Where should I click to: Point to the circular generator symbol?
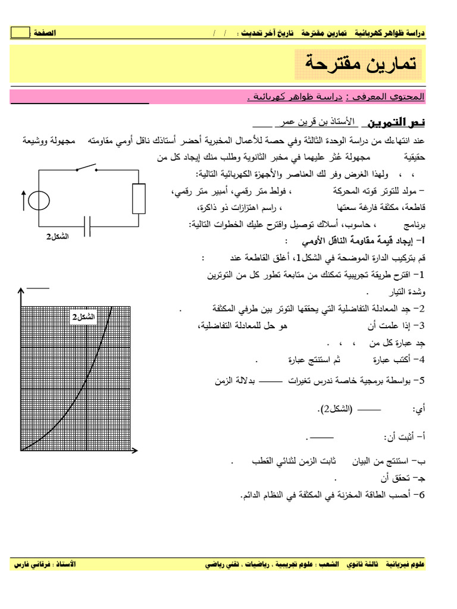pyautogui.click(x=39, y=200)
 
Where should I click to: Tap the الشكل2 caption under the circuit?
pyautogui.click(x=58, y=237)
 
